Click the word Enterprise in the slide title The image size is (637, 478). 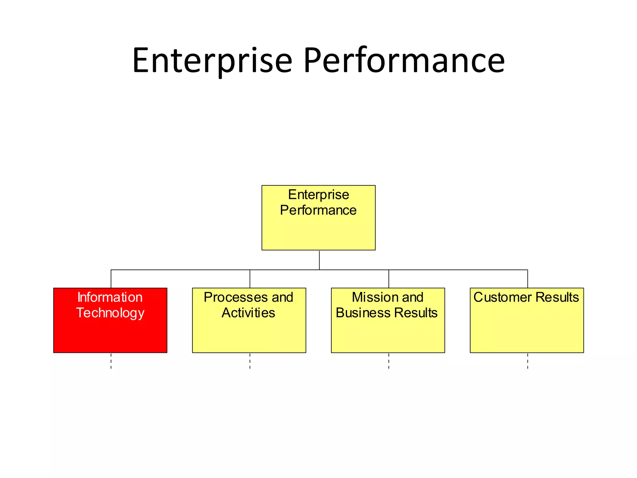tap(212, 61)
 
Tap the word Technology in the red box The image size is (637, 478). tap(110, 313)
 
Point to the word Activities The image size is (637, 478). tap(248, 313)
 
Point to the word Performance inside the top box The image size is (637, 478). tap(318, 210)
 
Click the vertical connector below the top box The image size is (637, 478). tap(319, 260)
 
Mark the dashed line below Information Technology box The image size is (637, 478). tap(111, 361)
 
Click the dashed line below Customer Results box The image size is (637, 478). tap(528, 361)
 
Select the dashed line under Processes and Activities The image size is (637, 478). tap(250, 361)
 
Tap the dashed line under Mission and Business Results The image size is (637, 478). tap(389, 361)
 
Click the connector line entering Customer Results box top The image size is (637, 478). tap(528, 279)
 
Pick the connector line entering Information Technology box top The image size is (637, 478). tap(111, 279)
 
